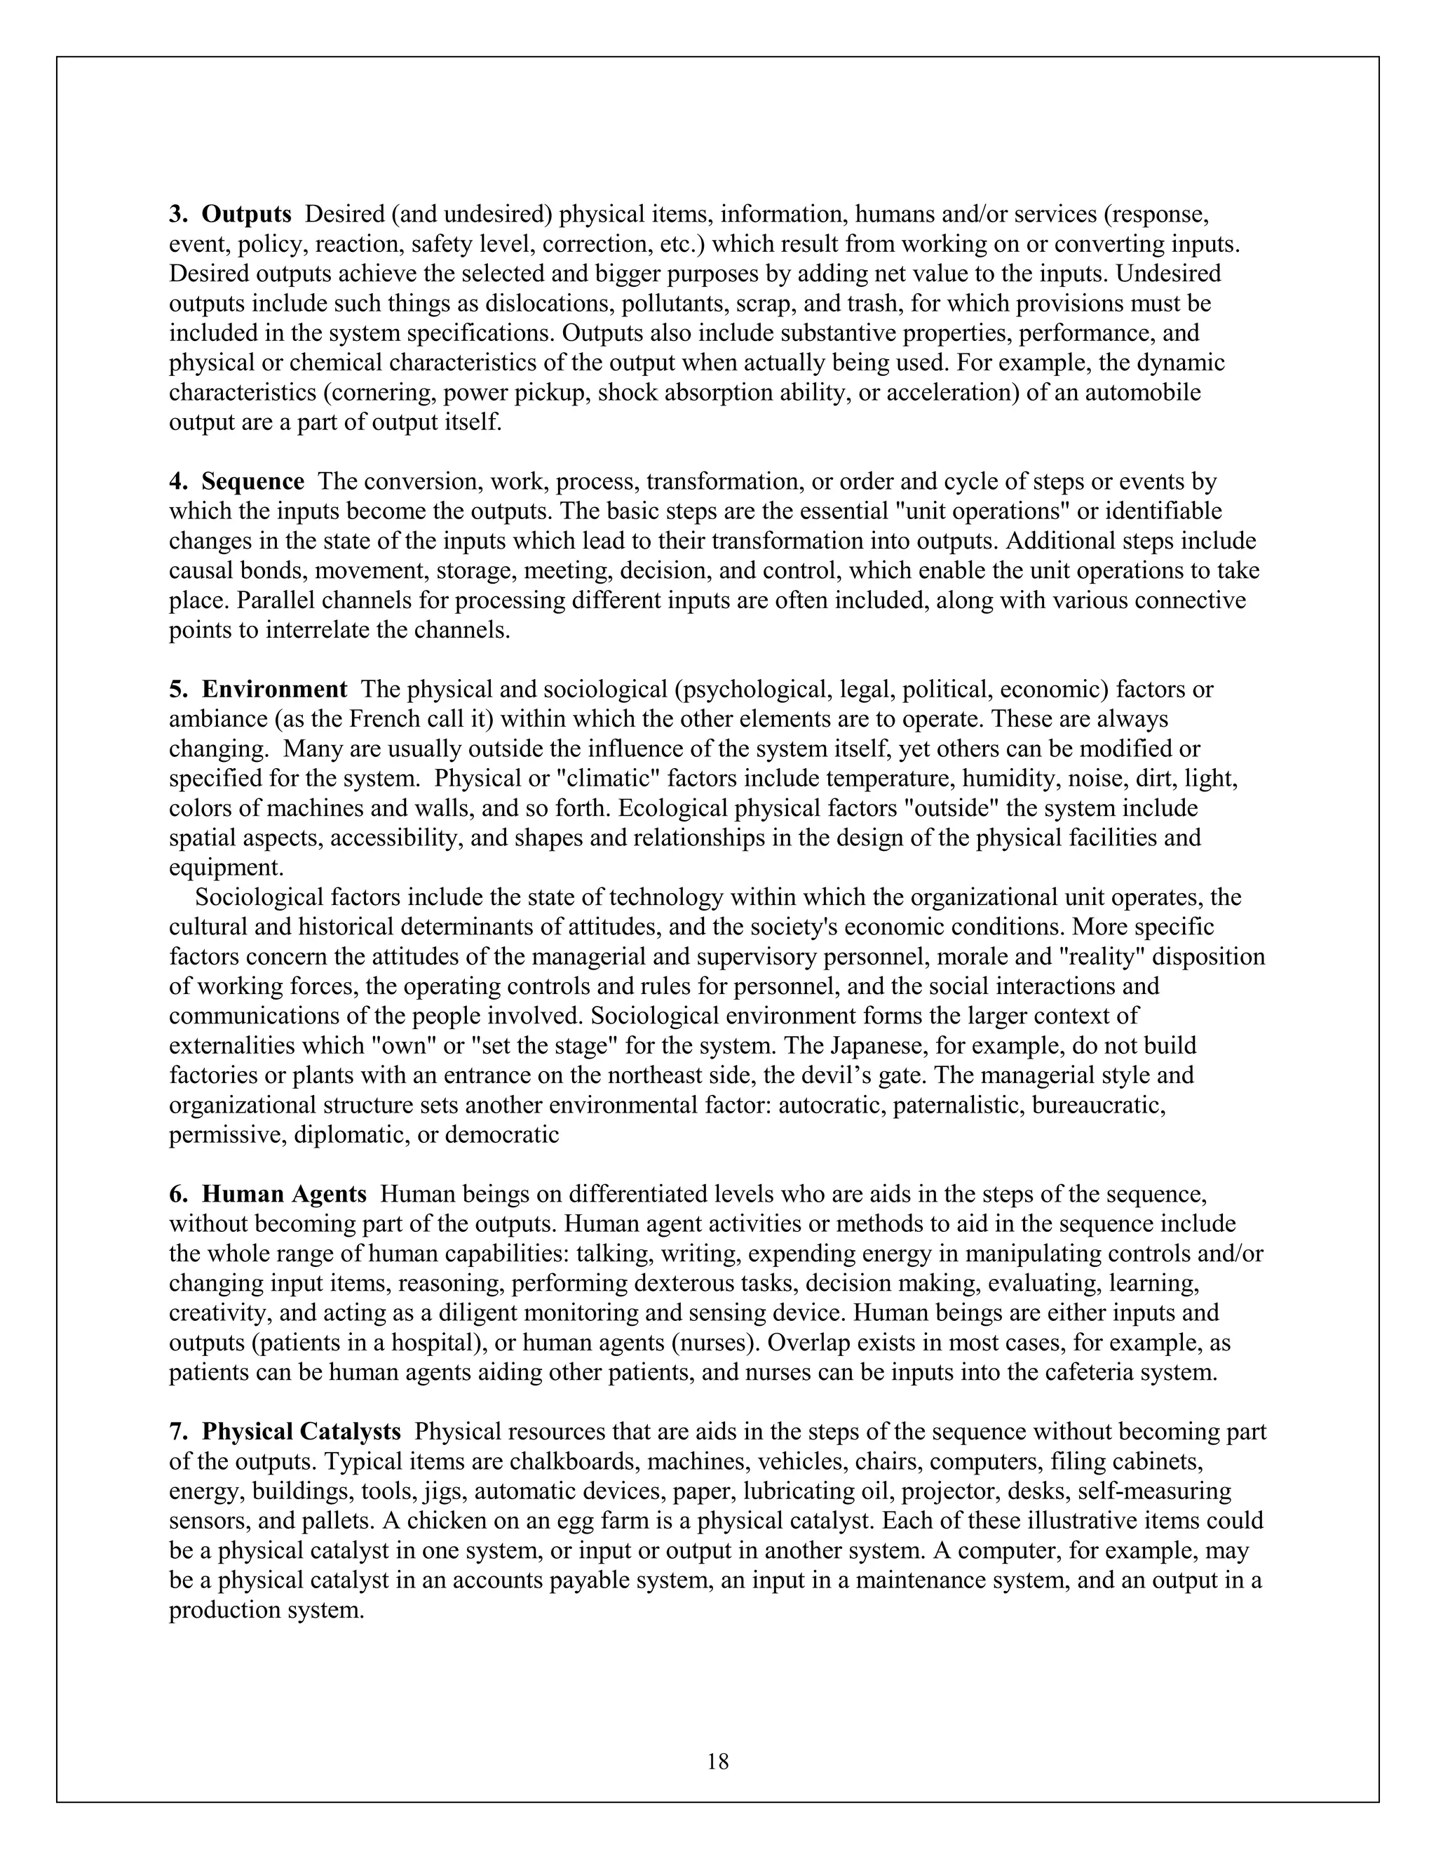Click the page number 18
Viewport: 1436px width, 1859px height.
click(718, 1761)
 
